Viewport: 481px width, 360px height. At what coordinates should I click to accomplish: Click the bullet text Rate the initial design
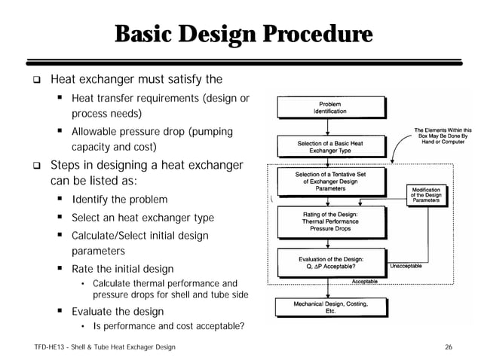(122, 269)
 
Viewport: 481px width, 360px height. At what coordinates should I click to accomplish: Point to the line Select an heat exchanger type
(142, 218)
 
